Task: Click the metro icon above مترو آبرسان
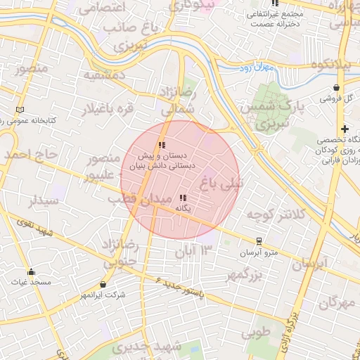coord(259,241)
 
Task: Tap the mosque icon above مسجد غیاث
coord(30,272)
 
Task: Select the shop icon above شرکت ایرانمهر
coord(104,285)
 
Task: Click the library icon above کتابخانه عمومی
coord(20,110)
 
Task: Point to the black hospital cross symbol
coord(344,129)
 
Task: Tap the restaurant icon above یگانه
coord(183,198)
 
